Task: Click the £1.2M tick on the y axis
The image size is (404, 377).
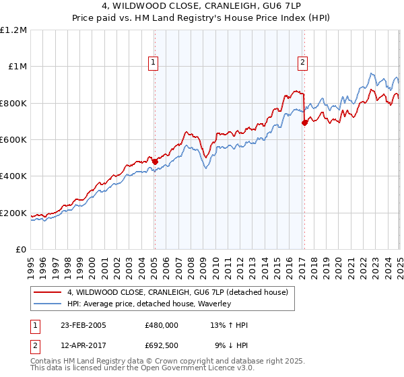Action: tap(13, 30)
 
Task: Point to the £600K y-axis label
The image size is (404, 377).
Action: tap(13, 140)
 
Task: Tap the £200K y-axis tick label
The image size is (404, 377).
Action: tap(13, 213)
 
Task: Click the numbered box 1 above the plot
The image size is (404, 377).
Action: tap(154, 63)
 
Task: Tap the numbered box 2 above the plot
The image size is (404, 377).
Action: tap(303, 63)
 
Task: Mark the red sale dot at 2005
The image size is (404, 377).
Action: tap(155, 162)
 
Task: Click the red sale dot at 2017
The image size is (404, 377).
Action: tap(304, 123)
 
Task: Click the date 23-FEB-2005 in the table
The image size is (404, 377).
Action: tap(83, 325)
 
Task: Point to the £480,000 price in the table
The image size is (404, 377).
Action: tap(162, 325)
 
